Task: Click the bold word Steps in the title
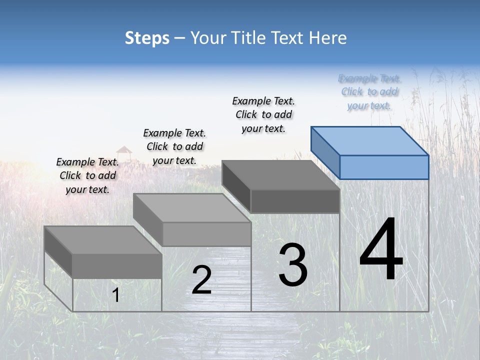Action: point(147,38)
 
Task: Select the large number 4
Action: point(381,249)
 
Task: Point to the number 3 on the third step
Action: point(293,265)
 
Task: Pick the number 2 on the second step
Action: point(201,280)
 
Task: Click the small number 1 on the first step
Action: point(116,295)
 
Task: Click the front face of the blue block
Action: point(384,167)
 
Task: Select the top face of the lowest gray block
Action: point(103,240)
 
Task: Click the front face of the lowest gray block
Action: point(117,265)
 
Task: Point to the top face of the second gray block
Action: point(192,207)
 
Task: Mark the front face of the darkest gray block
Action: point(295,201)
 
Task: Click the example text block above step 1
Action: point(87,175)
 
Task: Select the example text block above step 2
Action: point(174,146)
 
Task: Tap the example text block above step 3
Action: point(263,114)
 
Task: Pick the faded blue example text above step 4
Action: point(369,92)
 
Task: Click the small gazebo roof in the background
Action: point(123,149)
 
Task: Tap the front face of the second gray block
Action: point(206,234)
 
